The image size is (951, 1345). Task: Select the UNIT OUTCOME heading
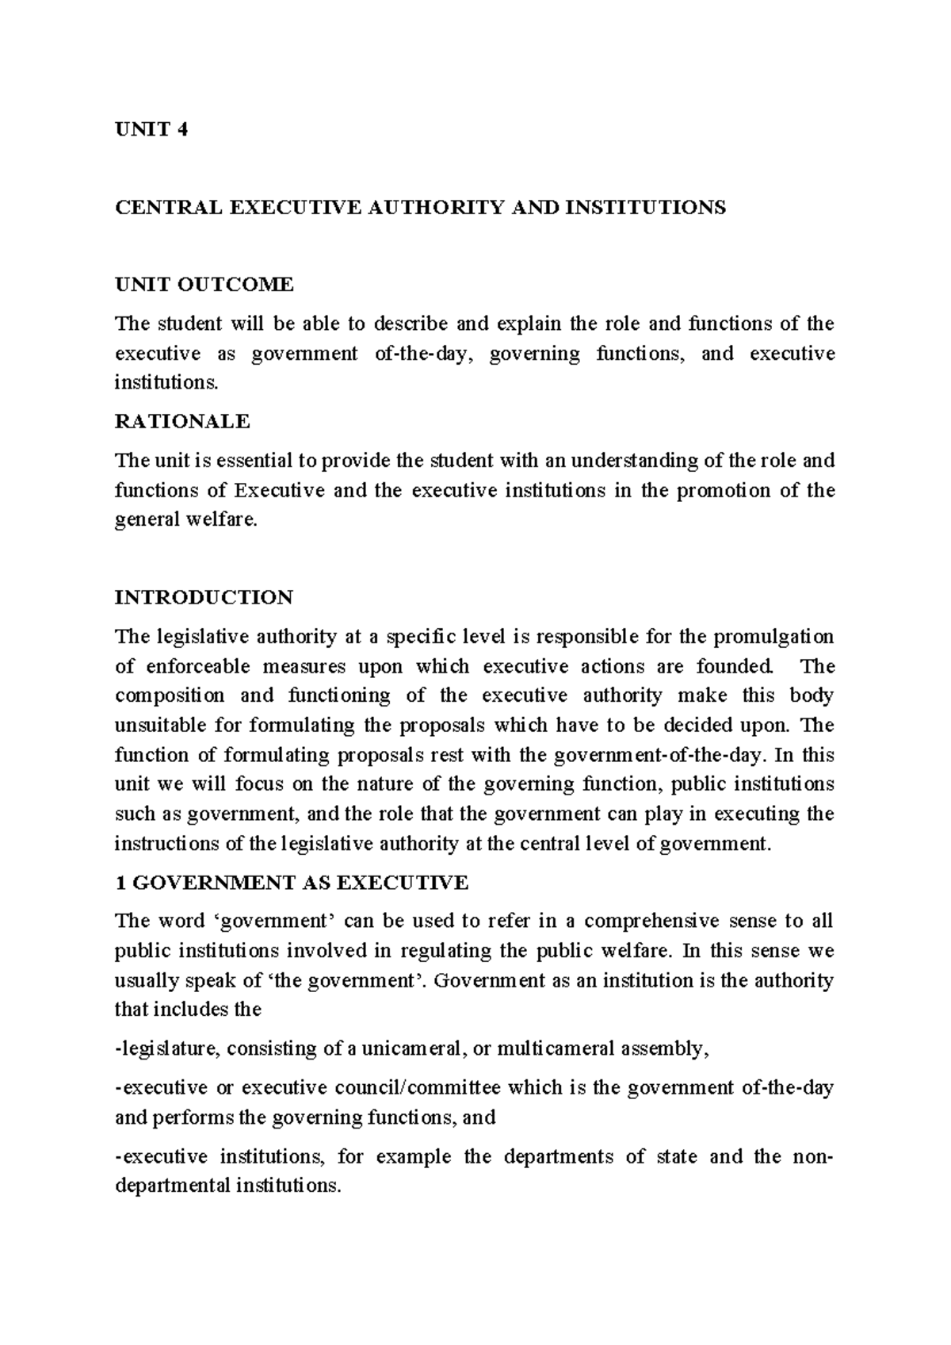(204, 284)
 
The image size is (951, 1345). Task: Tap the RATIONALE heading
(182, 421)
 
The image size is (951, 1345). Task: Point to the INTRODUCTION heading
(204, 597)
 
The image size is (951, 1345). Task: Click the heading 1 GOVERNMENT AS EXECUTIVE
(292, 882)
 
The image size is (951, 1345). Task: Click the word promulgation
(773, 637)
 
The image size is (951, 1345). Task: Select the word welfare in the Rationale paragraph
(226, 521)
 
